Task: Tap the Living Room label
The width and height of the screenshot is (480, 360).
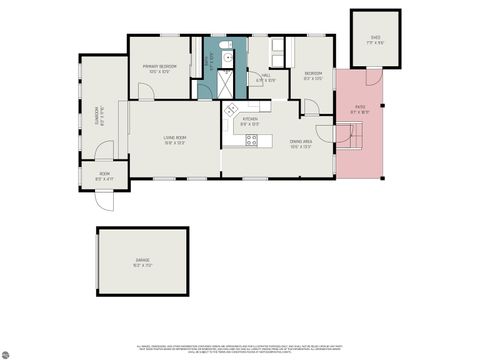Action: pyautogui.click(x=176, y=141)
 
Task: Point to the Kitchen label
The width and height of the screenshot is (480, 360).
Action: pyautogui.click(x=250, y=121)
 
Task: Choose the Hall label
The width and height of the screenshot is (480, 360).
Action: pyautogui.click(x=267, y=76)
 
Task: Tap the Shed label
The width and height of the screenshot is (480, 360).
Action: pyautogui.click(x=375, y=42)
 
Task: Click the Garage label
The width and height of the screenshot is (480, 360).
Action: pyautogui.click(x=143, y=263)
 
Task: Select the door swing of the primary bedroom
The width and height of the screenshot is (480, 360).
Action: pyautogui.click(x=145, y=91)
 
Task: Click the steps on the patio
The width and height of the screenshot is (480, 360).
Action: pyautogui.click(x=351, y=140)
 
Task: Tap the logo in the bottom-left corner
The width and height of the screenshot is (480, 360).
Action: pyautogui.click(x=7, y=352)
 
